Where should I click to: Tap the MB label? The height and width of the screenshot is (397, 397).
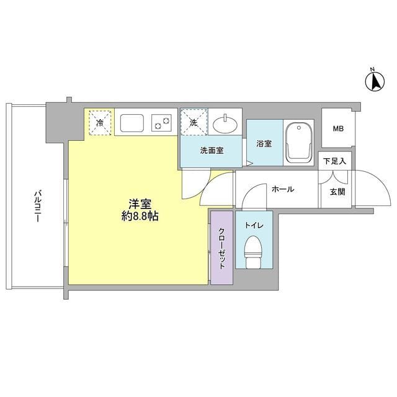[x=337, y=129]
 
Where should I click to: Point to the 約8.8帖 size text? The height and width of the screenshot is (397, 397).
[x=141, y=218]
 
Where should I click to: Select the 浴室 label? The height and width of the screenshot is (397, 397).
[x=264, y=145]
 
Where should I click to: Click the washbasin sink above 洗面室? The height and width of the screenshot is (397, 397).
[x=225, y=124]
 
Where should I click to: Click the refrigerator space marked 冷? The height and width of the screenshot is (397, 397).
[x=100, y=122]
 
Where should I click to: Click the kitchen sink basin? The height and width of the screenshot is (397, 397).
[x=132, y=122]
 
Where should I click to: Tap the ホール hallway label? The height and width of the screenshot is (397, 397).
[x=282, y=189]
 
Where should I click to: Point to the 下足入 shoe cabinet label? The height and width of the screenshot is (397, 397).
[x=335, y=161]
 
